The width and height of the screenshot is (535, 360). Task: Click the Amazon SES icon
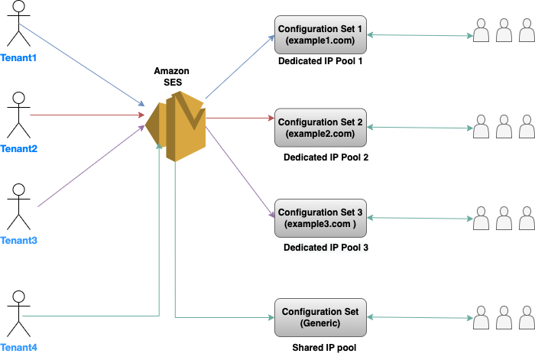pyautogui.click(x=176, y=125)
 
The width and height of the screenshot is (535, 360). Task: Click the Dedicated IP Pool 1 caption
pyautogui.click(x=319, y=61)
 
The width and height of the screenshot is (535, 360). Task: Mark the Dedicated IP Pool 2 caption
pyautogui.click(x=326, y=157)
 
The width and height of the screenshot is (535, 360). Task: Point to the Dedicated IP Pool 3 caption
pyautogui.click(x=326, y=248)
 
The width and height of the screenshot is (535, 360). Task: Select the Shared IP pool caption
pyautogui.click(x=324, y=348)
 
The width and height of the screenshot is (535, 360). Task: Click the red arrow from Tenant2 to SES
pyautogui.click(x=84, y=115)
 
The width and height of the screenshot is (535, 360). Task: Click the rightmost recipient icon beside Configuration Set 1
pyautogui.click(x=526, y=30)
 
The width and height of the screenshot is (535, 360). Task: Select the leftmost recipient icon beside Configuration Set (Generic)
pyautogui.click(x=481, y=316)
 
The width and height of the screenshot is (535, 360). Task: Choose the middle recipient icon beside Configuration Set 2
pyautogui.click(x=504, y=125)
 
